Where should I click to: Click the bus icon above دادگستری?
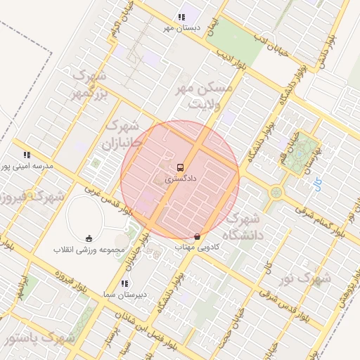click(181, 168)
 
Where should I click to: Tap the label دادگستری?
click(181, 179)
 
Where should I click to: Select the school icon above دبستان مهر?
click(182, 17)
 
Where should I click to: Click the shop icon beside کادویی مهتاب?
click(197, 236)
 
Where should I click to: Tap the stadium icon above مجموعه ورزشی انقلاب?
click(89, 238)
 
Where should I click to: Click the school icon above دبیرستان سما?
click(124, 283)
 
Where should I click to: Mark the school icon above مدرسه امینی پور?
click(27, 155)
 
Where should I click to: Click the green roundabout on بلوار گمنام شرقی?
click(277, 191)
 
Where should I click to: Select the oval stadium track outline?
click(89, 219)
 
